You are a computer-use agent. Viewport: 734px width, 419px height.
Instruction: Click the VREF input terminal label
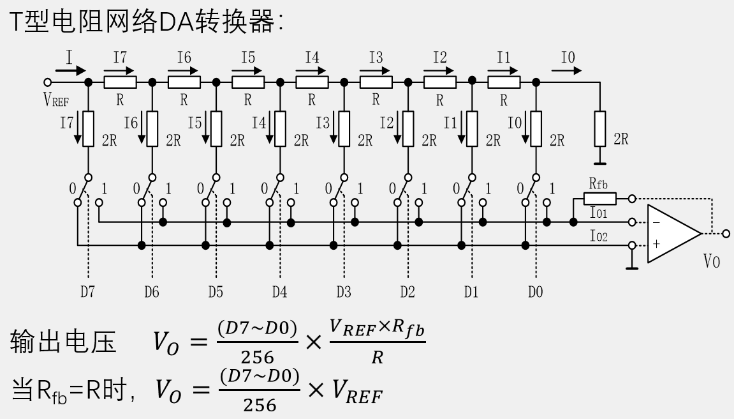click(55, 100)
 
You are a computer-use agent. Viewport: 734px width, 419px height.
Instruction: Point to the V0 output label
click(712, 261)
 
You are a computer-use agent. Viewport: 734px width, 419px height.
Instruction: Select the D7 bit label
click(87, 293)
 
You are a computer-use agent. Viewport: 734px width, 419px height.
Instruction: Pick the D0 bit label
click(535, 293)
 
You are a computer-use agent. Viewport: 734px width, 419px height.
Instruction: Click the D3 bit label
click(343, 293)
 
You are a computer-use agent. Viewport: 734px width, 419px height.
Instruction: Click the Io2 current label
click(599, 237)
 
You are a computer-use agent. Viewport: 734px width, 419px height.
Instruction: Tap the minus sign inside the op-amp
click(655, 222)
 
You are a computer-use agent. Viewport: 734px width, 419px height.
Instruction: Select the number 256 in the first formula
click(258, 356)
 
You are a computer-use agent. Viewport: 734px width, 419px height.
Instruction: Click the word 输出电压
click(64, 344)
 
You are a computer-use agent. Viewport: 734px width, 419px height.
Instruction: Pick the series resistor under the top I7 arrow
click(120, 82)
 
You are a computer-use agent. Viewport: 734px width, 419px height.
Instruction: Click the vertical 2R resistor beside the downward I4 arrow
click(280, 128)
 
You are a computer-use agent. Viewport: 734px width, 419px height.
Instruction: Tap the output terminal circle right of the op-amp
click(726, 234)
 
